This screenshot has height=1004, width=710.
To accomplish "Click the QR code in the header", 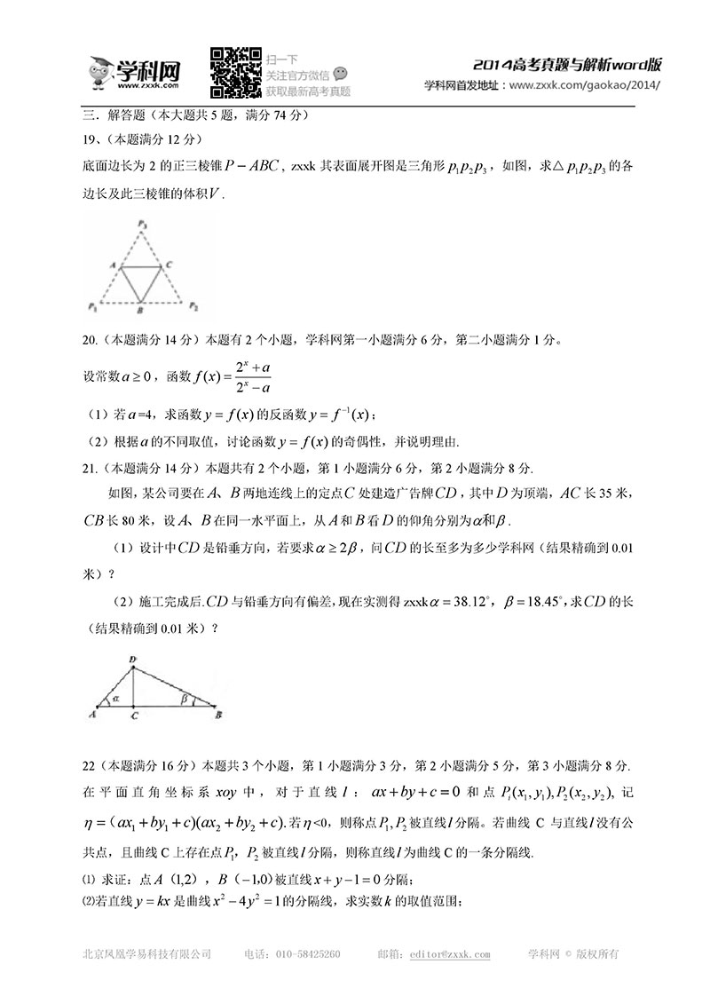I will coord(235,72).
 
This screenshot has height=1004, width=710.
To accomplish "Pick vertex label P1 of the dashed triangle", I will coord(92,306).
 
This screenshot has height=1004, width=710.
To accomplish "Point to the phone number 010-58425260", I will coord(306,954).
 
